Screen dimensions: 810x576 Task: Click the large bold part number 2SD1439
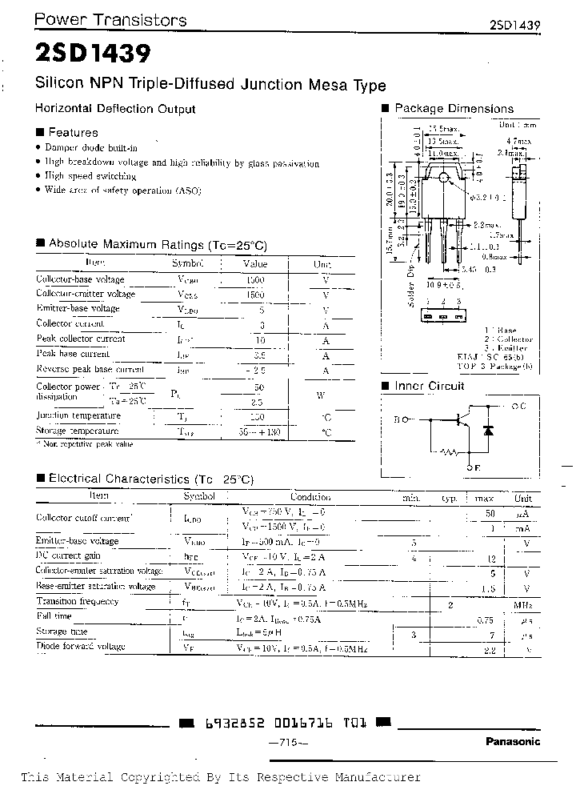(92, 54)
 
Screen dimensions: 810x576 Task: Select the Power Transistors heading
(112, 21)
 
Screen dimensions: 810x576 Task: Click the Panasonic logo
(513, 741)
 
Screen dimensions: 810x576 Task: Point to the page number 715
(286, 744)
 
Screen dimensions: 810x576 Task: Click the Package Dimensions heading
(454, 109)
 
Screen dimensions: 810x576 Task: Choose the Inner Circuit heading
(429, 386)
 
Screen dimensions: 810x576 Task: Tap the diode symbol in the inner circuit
(487, 430)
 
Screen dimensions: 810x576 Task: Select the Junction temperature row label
(78, 416)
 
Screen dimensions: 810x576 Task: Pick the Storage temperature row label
(78, 431)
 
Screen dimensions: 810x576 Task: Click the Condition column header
(310, 497)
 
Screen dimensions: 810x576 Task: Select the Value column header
(255, 263)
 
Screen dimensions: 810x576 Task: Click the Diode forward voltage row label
(81, 646)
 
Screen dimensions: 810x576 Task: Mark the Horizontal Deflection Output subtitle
(115, 109)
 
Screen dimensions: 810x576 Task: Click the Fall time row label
(54, 616)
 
